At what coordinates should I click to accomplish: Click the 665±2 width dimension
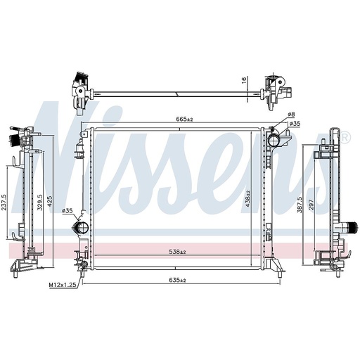pos(184,119)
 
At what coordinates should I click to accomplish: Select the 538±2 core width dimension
pos(177,252)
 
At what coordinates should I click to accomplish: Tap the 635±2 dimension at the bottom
pos(177,280)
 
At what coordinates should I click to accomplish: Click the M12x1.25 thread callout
pos(63,285)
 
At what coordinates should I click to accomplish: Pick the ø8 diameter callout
pos(291,115)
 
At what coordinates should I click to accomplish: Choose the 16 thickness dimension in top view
pos(244,80)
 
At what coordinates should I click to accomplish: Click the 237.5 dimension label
pos(4,203)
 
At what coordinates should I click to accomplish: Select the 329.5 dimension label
pos(40,202)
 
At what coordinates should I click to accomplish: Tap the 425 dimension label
pos(50,202)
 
